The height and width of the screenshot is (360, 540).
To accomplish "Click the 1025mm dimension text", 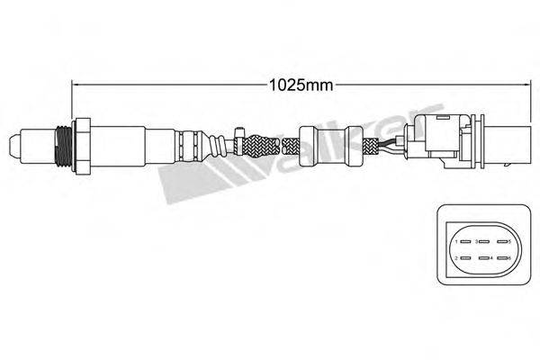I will coord(301,85).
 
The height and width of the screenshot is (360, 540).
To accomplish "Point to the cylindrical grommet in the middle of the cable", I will coord(317,144).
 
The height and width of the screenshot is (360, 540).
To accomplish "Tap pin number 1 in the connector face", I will coord(459,241).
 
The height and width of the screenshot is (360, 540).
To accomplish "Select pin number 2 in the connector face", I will coord(459,259).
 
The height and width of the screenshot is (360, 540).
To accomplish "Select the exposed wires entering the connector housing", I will coord(391,143).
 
